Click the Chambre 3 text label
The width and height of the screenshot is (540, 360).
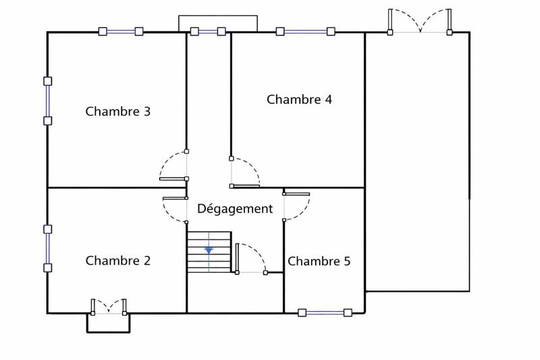point(117,111)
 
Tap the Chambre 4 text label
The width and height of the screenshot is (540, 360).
point(299,99)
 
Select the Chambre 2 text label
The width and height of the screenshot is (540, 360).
point(117,261)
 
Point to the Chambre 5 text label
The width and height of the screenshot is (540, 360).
point(319,261)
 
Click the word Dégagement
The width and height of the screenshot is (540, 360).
point(235,209)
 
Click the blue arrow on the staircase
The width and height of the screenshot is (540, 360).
point(209,250)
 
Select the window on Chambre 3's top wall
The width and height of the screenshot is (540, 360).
point(121,31)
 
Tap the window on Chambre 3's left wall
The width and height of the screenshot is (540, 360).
point(47,101)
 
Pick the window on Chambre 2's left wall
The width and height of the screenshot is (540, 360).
point(47,249)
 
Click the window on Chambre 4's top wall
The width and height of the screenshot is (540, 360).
point(306,31)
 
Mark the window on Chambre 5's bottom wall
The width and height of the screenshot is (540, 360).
point(325,313)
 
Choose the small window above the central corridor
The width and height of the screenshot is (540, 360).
point(208,31)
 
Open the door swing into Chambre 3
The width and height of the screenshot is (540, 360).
point(173,166)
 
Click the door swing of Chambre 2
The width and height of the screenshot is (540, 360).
point(175,211)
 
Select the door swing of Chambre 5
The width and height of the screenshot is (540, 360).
point(296,207)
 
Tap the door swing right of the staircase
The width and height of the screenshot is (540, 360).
point(252,258)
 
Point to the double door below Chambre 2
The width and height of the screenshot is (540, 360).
point(108,306)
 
